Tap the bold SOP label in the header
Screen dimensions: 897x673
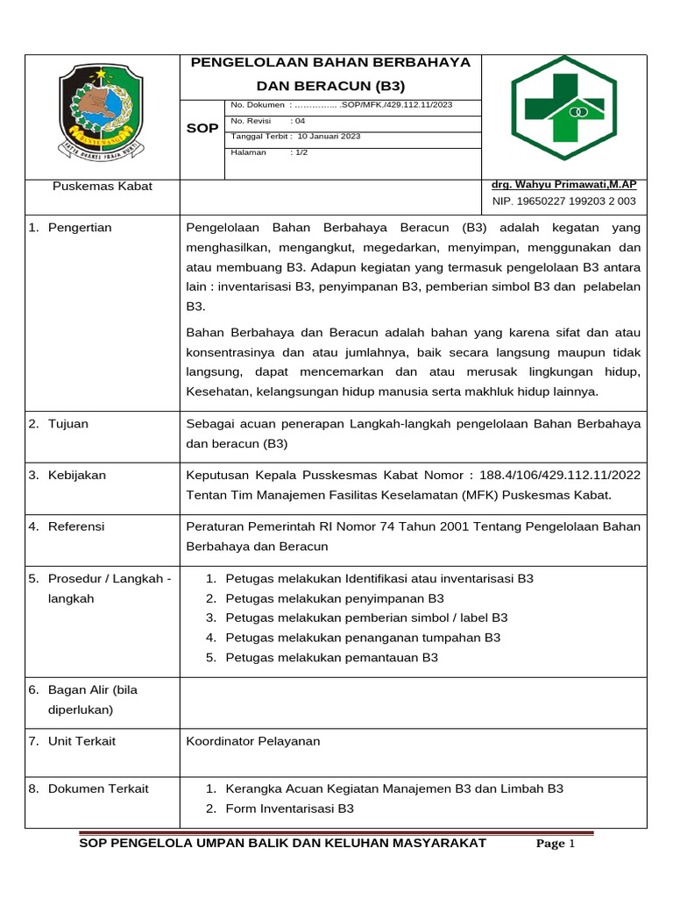pyautogui.click(x=202, y=129)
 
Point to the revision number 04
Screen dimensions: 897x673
pyautogui.click(x=297, y=121)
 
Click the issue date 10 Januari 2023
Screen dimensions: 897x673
pyautogui.click(x=329, y=137)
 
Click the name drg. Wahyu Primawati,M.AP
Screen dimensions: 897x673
pyautogui.click(x=564, y=185)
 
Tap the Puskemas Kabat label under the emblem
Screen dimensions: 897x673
pyautogui.click(x=103, y=187)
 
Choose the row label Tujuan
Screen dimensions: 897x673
pyautogui.click(x=68, y=424)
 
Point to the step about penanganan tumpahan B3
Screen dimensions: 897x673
pyautogui.click(x=363, y=638)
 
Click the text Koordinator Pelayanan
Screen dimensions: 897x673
pyautogui.click(x=253, y=741)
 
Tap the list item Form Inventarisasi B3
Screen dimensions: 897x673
pyautogui.click(x=289, y=809)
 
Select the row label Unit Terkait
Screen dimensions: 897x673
pyautogui.click(x=81, y=741)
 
